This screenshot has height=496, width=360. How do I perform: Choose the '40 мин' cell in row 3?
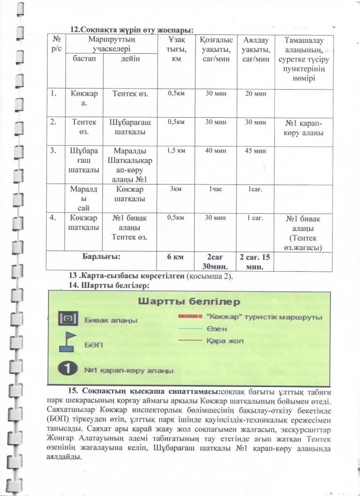click(216, 151)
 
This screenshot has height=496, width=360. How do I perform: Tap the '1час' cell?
click(216, 189)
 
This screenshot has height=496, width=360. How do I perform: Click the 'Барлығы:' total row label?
click(101, 256)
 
